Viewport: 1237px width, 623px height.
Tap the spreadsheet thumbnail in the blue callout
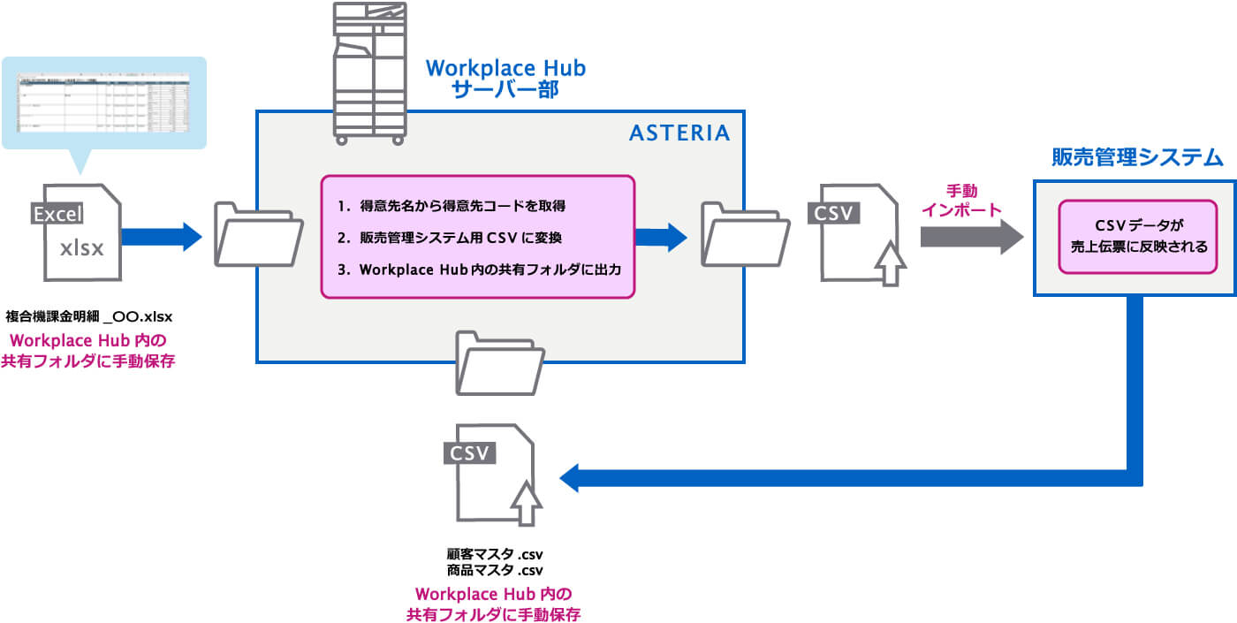(104, 101)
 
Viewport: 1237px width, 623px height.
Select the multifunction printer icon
(368, 73)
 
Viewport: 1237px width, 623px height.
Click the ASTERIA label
(679, 133)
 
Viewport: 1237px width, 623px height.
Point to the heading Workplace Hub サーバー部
(505, 79)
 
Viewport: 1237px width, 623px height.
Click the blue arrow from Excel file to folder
(162, 237)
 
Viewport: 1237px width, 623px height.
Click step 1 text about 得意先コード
(451, 206)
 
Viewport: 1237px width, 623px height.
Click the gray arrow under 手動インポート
(971, 237)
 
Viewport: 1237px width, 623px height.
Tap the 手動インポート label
(961, 201)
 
